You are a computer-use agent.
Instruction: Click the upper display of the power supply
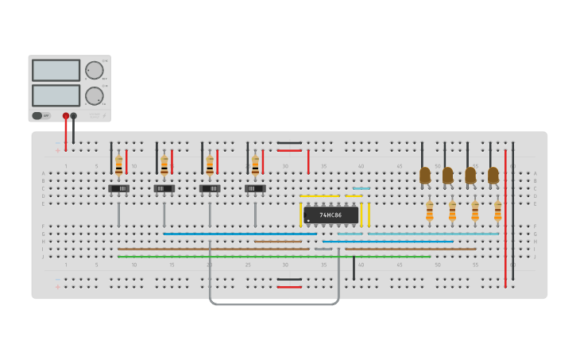pos(56,70)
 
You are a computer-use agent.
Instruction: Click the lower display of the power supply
pos(56,95)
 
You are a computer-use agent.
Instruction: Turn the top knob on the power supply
pos(95,70)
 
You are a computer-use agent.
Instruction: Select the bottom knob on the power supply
pos(95,96)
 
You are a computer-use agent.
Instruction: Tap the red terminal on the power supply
pos(66,116)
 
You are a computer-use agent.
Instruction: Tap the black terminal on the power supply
pos(74,116)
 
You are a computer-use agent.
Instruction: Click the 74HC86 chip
pos(331,215)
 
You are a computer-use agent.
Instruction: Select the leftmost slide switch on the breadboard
pos(119,188)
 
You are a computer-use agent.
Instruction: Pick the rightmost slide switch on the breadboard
pos(255,188)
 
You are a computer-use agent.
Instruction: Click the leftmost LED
pos(425,174)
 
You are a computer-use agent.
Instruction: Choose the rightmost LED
pos(493,174)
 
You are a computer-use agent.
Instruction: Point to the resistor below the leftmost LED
pos(430,211)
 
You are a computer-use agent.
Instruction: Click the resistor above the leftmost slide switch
pos(119,165)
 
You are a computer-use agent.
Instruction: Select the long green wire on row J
pos(274,257)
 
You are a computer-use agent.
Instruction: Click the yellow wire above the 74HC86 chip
pos(319,195)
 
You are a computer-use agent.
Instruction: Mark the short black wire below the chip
pos(354,268)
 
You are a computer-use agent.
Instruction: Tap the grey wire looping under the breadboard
pos(274,304)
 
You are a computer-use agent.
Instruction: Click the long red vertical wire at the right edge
pos(505,215)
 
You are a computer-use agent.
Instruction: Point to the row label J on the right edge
pos(535,257)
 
